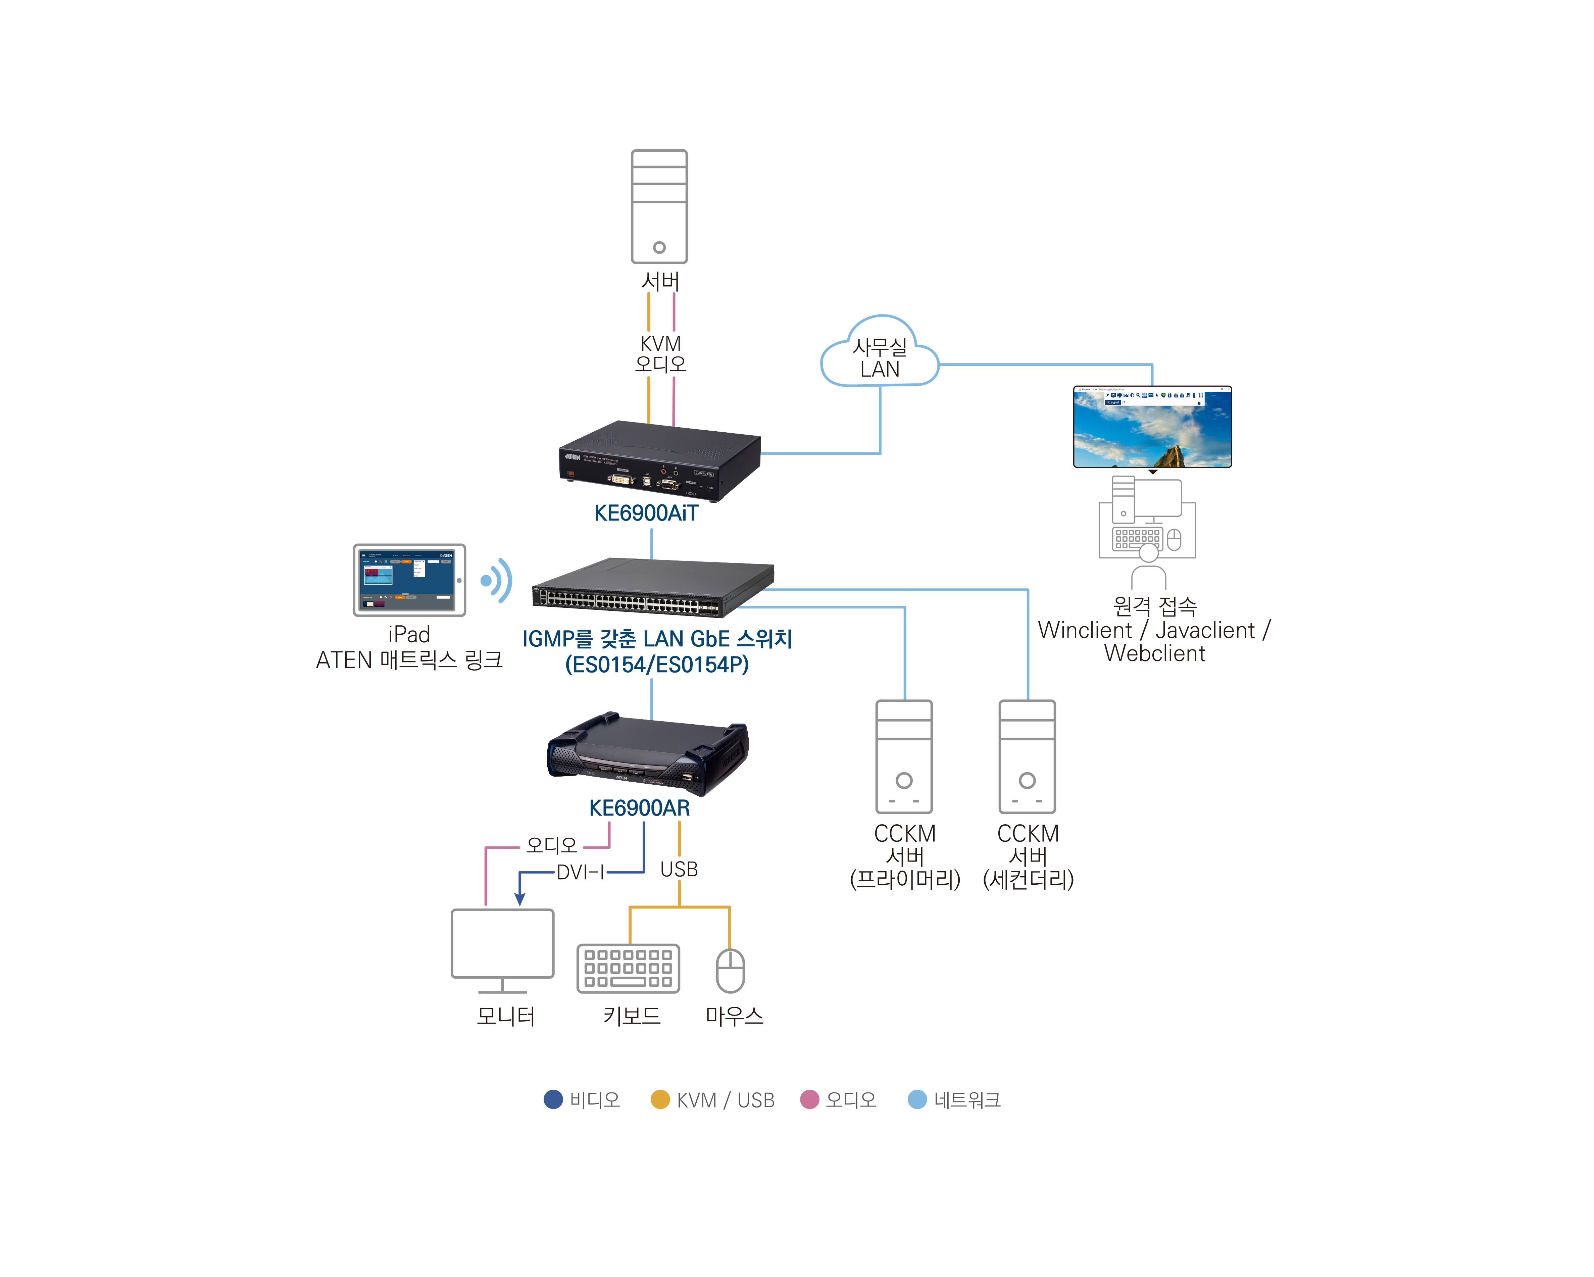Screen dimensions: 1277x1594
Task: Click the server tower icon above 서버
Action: (659, 206)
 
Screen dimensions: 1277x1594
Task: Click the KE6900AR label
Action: (640, 808)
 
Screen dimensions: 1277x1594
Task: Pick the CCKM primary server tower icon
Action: (903, 756)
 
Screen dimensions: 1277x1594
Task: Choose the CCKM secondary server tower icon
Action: (1027, 756)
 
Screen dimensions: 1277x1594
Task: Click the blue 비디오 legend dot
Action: (553, 1099)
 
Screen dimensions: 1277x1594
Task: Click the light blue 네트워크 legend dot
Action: (917, 1099)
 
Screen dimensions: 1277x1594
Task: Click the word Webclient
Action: (1154, 654)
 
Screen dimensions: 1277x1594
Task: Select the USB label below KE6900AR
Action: (679, 870)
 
